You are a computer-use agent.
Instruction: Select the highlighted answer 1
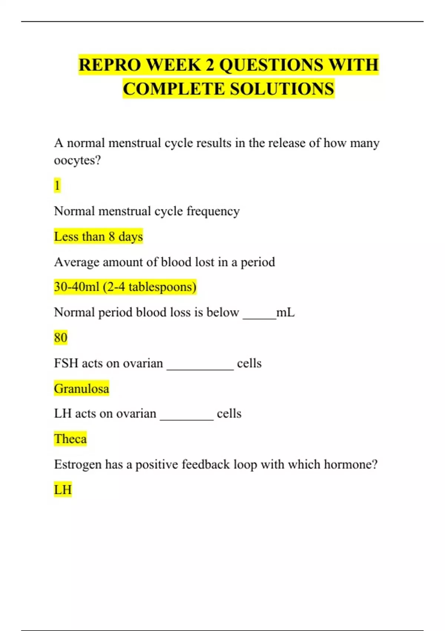point(57,185)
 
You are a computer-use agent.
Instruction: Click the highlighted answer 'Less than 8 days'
point(98,236)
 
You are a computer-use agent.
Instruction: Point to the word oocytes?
point(77,160)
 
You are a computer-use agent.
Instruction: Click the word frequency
point(213,211)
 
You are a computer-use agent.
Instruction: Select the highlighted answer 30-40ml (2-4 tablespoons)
point(125,287)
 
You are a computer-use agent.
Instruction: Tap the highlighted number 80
point(60,337)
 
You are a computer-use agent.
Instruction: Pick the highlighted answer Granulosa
point(82,388)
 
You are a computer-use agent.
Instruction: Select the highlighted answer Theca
point(70,439)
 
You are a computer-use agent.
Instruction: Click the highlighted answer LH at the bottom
point(63,490)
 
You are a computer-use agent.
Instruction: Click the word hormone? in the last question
point(350,464)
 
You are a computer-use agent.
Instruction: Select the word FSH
point(66,363)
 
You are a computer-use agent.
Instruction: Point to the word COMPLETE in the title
point(174,89)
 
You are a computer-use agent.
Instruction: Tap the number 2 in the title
point(210,65)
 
